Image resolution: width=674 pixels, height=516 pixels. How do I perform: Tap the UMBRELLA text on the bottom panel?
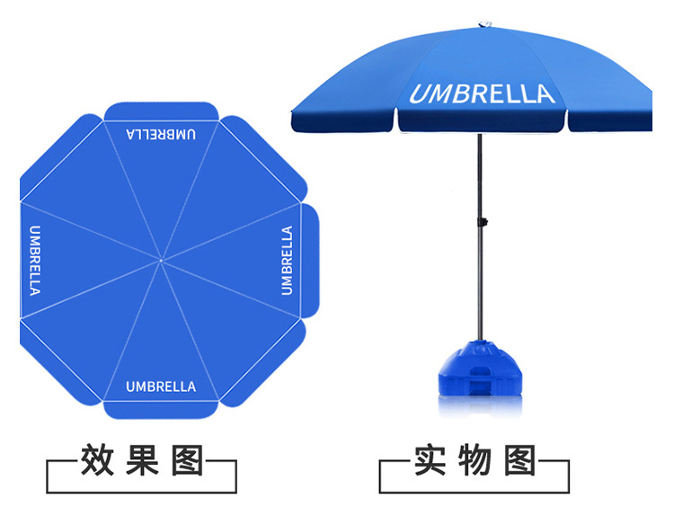(x=161, y=387)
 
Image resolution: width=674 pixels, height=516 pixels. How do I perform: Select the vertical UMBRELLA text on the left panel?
(x=35, y=260)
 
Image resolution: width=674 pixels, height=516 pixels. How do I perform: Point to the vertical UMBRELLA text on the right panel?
(x=287, y=260)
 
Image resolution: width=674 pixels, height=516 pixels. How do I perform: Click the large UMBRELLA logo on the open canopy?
(x=483, y=93)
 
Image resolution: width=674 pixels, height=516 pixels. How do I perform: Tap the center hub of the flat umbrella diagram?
(x=161, y=261)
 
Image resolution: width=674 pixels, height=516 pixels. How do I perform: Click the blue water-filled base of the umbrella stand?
(x=481, y=368)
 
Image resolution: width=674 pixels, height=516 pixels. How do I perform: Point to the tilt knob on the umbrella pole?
(x=482, y=221)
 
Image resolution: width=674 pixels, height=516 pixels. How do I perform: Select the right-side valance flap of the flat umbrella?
(x=310, y=260)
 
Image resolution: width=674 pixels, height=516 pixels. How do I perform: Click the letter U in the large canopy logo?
(x=420, y=94)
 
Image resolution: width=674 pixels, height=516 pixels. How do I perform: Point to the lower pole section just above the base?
(x=482, y=306)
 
